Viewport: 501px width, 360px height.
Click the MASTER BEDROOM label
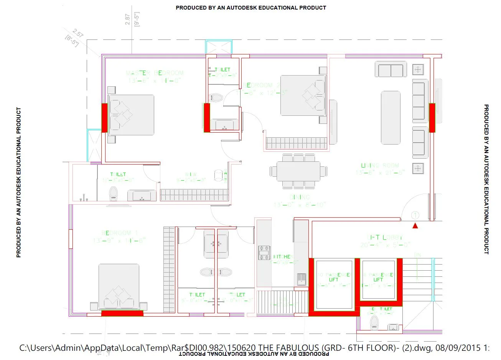[x=155, y=73]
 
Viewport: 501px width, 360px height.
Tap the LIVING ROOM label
[x=380, y=166]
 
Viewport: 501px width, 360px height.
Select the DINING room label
[x=300, y=197]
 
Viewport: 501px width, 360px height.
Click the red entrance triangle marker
[x=415, y=226]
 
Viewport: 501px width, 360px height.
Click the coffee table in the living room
[x=391, y=117]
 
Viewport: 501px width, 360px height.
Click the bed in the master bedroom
[x=131, y=115]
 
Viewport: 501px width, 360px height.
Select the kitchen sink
[x=301, y=279]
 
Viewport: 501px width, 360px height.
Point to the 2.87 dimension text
[x=128, y=20]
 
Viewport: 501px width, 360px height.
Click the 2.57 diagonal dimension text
[x=78, y=33]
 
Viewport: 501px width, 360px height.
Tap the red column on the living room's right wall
[x=432, y=118]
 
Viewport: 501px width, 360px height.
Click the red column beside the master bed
[x=104, y=118]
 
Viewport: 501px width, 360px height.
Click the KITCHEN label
[x=283, y=257]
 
